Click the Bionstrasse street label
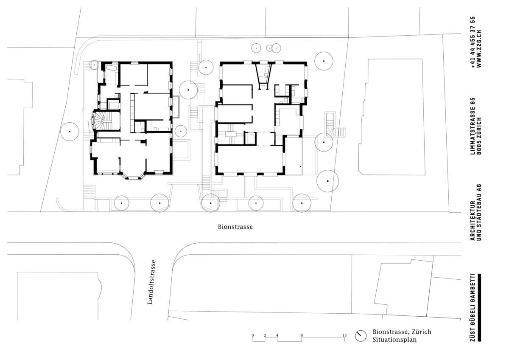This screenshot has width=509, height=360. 235,227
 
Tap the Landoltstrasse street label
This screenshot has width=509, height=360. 151,282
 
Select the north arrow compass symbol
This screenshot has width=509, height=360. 361,336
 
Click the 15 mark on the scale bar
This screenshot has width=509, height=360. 344,335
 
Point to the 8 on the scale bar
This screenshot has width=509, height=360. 302,335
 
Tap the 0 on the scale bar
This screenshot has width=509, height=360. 253,335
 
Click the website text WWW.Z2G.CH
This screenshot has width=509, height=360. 479,48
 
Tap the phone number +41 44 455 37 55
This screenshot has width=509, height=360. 473,42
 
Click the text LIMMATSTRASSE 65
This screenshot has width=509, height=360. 473,126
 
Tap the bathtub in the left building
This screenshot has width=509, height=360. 111,68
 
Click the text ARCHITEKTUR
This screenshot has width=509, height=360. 473,221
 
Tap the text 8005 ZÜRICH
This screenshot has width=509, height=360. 479,136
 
